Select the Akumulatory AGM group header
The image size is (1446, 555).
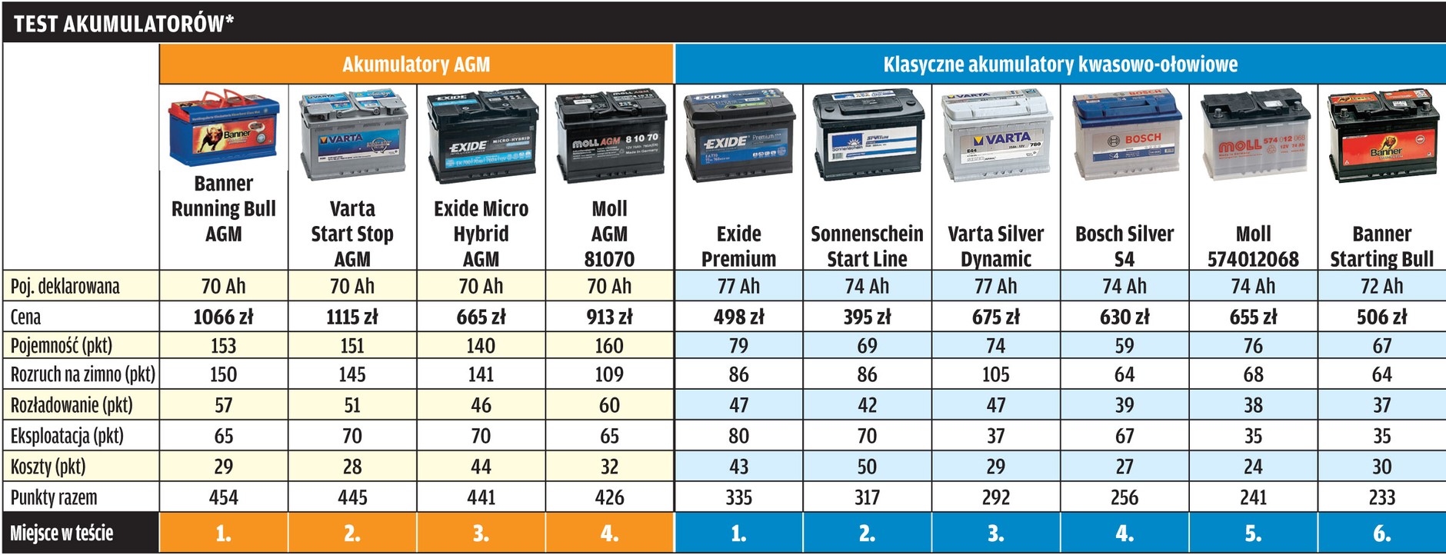pos(416,65)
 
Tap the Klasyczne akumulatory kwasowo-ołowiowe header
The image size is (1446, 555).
pos(1060,65)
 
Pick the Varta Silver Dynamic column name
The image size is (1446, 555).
pos(996,246)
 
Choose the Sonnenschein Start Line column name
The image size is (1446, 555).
pos(867,246)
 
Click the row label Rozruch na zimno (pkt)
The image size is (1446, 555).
pos(82,375)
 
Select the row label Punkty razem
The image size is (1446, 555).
pos(54,498)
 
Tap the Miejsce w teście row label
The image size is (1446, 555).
pos(62,533)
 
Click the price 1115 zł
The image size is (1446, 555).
pos(352,317)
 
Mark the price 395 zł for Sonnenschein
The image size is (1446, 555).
pos(867,317)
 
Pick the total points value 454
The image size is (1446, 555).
pos(223,498)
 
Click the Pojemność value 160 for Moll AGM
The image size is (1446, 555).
pos(609,346)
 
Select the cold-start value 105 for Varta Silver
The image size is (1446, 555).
pos(996,375)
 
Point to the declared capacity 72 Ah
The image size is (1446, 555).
pos(1381,287)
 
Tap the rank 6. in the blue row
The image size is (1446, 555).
pos(1381,533)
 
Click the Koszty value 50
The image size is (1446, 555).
pos(867,467)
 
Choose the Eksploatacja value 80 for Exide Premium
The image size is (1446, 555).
pos(738,437)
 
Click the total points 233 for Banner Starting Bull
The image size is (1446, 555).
pos(1381,498)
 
